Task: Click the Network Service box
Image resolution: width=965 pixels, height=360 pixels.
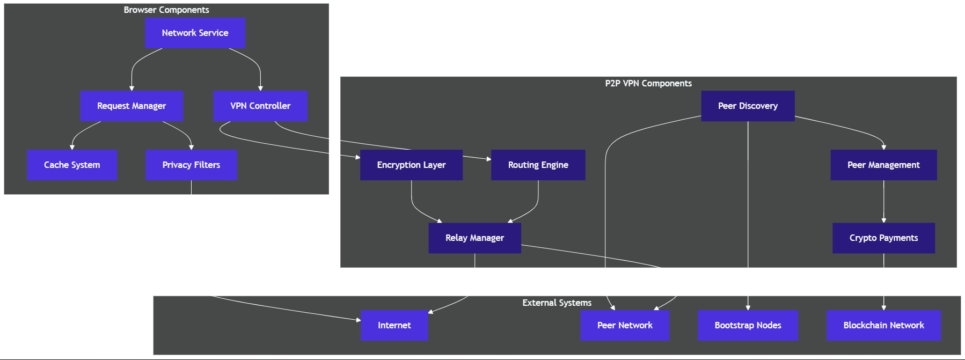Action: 195,33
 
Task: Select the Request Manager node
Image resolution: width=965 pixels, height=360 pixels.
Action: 131,106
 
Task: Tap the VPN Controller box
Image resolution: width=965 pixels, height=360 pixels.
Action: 260,106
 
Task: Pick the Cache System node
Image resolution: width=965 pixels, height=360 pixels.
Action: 72,165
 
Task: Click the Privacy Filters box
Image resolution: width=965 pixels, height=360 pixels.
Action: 191,165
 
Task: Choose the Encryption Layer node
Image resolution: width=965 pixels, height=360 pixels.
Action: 411,165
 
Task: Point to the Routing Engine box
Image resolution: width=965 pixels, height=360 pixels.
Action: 538,165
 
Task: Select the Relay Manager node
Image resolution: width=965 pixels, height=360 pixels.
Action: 474,238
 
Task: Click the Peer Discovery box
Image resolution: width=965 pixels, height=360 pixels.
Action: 748,106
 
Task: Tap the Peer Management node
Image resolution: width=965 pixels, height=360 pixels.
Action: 883,165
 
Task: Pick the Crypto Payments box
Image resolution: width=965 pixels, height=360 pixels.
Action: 883,238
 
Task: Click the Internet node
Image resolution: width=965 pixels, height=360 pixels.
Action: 394,325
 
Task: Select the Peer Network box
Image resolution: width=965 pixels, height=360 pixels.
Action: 625,325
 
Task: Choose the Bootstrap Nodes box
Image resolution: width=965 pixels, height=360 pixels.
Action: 748,325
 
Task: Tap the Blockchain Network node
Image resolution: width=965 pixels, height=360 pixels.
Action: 883,325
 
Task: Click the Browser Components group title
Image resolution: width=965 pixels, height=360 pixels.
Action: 166,10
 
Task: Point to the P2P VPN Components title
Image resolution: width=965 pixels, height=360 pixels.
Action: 648,83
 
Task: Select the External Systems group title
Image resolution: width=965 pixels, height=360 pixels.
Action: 557,303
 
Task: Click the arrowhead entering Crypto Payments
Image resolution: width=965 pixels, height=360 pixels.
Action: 883,220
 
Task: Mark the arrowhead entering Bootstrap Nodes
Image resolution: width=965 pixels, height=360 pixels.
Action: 748,307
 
